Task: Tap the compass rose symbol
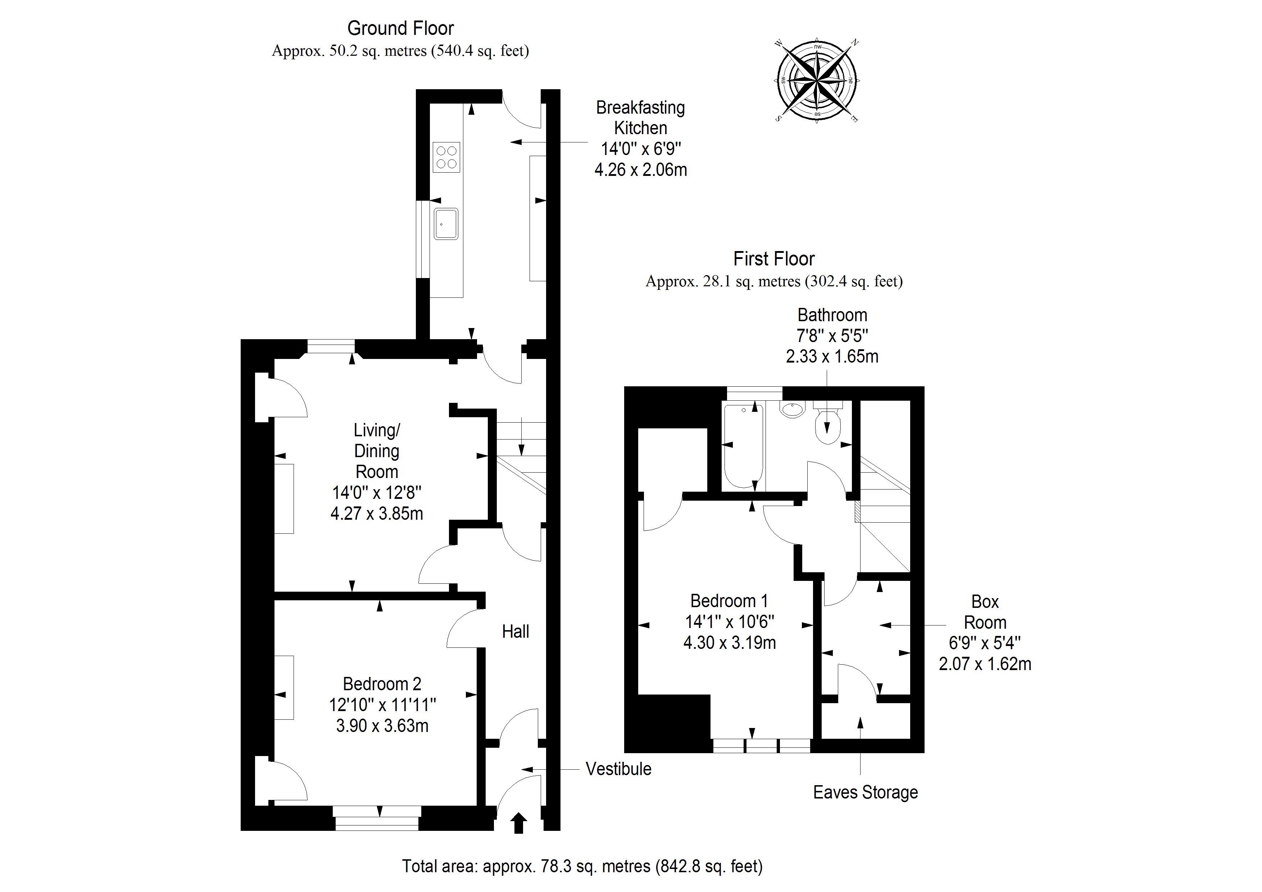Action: (x=817, y=80)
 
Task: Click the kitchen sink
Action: (x=446, y=224)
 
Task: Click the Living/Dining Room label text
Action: (x=377, y=451)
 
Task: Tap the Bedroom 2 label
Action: (x=382, y=684)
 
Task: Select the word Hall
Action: (x=516, y=632)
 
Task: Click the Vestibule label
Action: (x=618, y=769)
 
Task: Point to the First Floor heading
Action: (x=774, y=259)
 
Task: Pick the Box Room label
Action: (x=985, y=612)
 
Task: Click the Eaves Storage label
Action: (x=866, y=792)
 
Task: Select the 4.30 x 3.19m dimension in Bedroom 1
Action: (x=729, y=642)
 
